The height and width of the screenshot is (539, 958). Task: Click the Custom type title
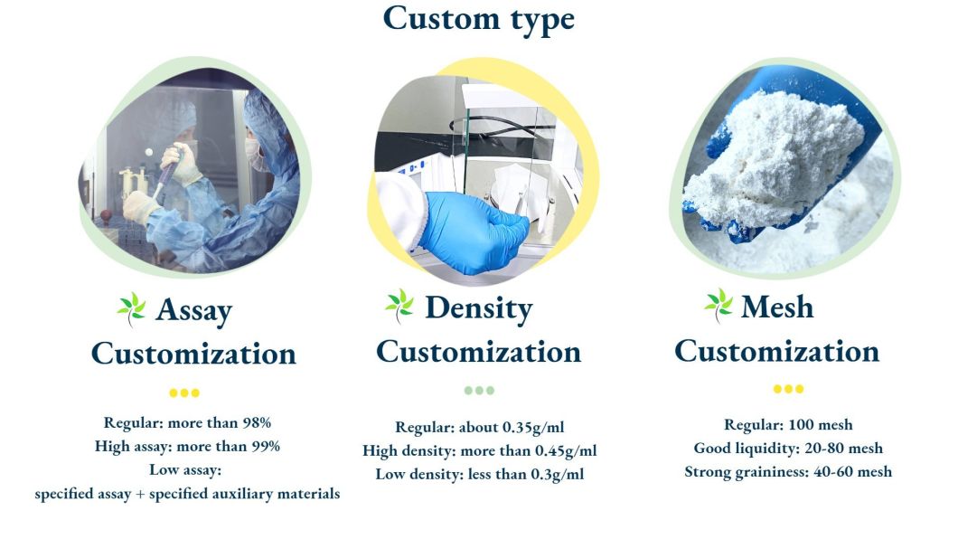(478, 19)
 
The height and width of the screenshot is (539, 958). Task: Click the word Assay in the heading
(193, 310)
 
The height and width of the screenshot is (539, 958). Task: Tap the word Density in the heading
(478, 307)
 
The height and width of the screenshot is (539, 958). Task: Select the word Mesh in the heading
(776, 307)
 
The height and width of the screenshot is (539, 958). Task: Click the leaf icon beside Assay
(132, 309)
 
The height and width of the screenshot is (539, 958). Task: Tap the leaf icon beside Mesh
(718, 305)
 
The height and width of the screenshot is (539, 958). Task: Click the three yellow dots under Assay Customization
(184, 393)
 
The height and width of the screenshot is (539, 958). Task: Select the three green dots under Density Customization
(479, 391)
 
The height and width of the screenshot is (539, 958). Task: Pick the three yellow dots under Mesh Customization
(788, 389)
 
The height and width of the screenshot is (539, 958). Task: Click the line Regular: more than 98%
(187, 422)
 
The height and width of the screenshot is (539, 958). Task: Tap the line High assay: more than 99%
(187, 446)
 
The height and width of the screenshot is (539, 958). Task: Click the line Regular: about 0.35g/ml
(479, 427)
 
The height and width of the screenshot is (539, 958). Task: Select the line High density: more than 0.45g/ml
(479, 450)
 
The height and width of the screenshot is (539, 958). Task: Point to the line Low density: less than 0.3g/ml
(479, 474)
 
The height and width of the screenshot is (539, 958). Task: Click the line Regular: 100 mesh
(788, 424)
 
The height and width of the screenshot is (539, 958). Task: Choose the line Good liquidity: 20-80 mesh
(788, 448)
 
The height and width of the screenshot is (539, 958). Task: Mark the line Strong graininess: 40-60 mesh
(788, 471)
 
